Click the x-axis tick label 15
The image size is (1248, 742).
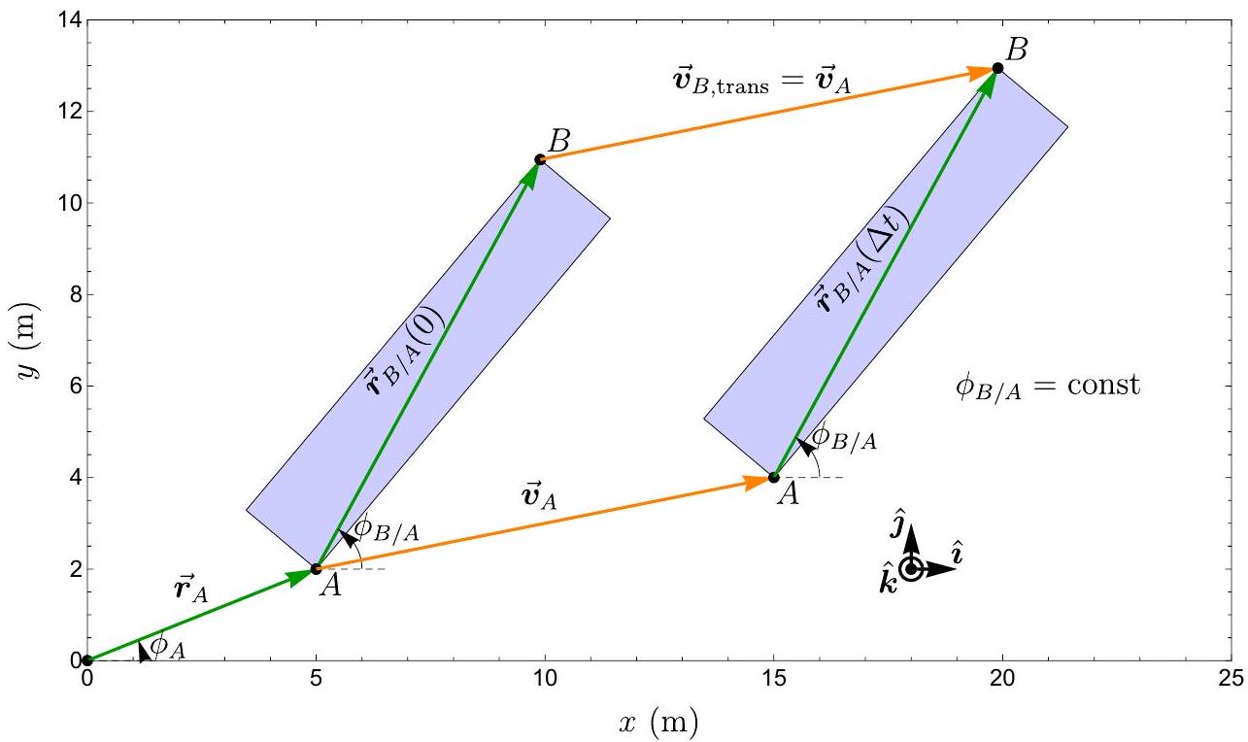pyautogui.click(x=773, y=679)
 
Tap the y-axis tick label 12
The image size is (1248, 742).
pyautogui.click(x=69, y=112)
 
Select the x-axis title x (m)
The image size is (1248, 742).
pyautogui.click(x=658, y=723)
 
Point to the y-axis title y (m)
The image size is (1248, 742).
pyautogui.click(x=27, y=341)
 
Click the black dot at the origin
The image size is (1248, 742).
pyautogui.click(x=87, y=660)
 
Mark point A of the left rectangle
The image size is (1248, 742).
pyautogui.click(x=316, y=569)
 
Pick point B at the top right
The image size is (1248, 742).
pyautogui.click(x=997, y=68)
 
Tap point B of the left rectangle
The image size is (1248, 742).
pyautogui.click(x=539, y=160)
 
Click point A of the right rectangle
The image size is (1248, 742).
pyautogui.click(x=773, y=478)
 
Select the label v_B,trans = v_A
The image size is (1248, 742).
pyautogui.click(x=762, y=82)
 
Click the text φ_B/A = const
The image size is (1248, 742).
pyautogui.click(x=1048, y=386)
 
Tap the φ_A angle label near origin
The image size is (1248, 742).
pyautogui.click(x=168, y=646)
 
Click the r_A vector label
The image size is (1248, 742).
pyautogui.click(x=191, y=589)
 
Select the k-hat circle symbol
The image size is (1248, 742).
pyautogui.click(x=912, y=569)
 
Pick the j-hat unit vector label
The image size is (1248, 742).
pyautogui.click(x=896, y=523)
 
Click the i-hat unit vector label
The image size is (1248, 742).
pyautogui.click(x=958, y=553)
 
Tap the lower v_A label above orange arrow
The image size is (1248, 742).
pyautogui.click(x=539, y=495)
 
